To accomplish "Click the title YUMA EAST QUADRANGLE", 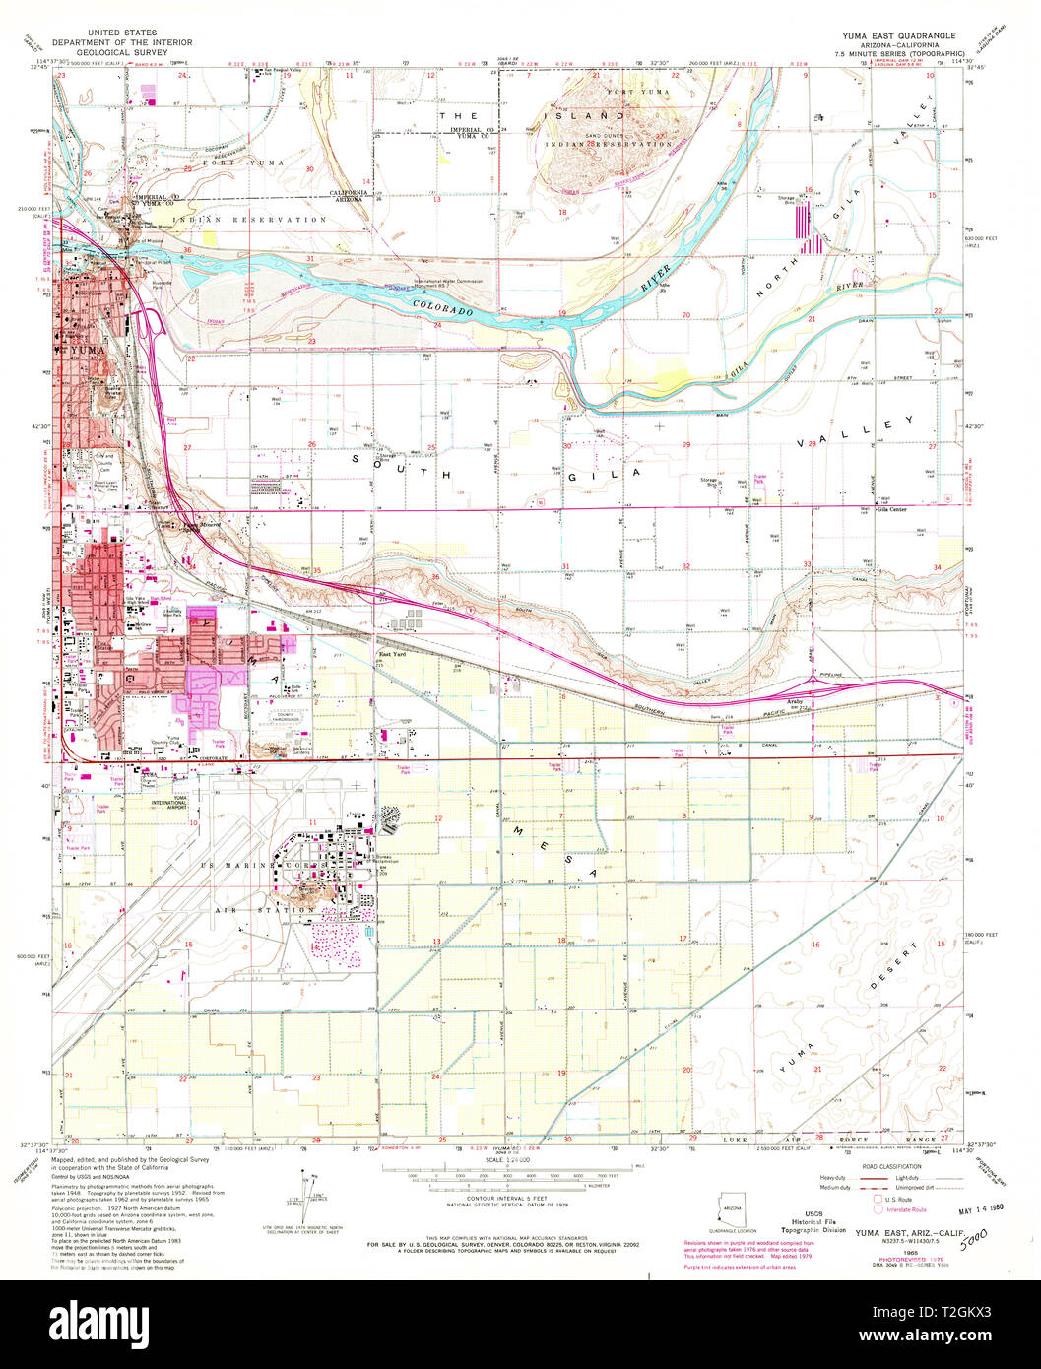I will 894,35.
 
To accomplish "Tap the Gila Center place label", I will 891,509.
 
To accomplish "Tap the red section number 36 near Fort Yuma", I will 187,250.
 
